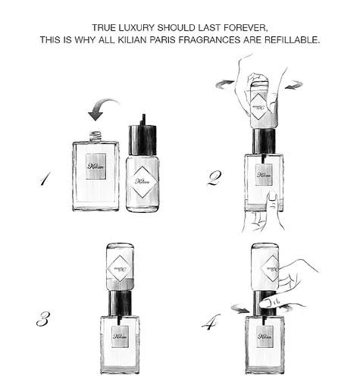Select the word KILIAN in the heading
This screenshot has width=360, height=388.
(132, 40)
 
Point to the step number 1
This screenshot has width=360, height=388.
(45, 179)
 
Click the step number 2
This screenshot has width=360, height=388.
(214, 178)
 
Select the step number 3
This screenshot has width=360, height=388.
(43, 319)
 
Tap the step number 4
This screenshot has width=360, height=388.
(211, 321)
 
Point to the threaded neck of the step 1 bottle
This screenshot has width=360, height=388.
(95, 136)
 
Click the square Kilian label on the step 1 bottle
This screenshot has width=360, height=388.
(95, 166)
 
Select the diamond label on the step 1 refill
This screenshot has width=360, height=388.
(142, 181)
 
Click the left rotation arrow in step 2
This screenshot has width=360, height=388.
(224, 84)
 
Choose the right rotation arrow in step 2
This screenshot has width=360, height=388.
(293, 85)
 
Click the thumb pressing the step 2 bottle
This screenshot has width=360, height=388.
(272, 200)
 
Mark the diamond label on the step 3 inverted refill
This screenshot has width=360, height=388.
(120, 269)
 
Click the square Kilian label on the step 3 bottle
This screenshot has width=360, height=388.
(121, 336)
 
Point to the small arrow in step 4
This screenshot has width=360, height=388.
(241, 308)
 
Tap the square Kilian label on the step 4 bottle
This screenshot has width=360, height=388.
(265, 336)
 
